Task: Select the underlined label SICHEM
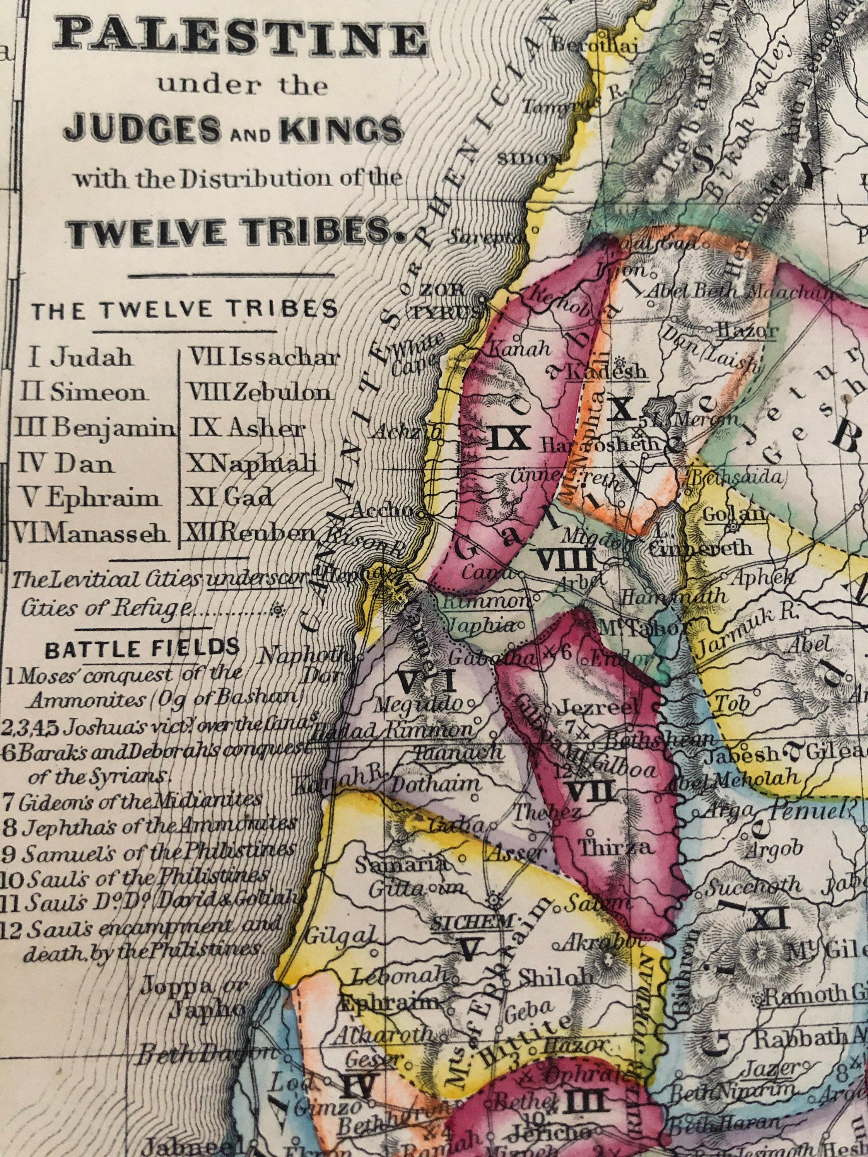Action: [471, 921]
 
